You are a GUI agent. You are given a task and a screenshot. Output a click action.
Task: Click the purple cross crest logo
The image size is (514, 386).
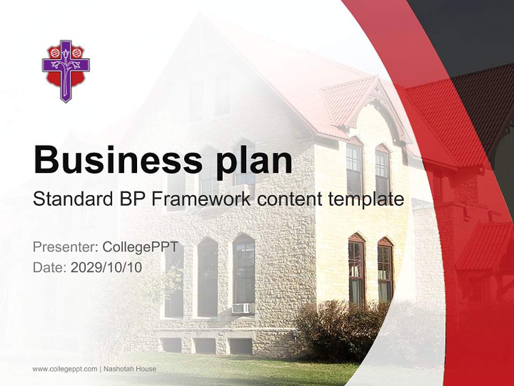pyautogui.click(x=65, y=71)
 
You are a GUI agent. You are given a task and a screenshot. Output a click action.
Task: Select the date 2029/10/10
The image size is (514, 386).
pyautogui.click(x=107, y=268)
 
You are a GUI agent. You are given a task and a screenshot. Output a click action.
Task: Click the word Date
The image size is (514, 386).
pyautogui.click(x=48, y=268)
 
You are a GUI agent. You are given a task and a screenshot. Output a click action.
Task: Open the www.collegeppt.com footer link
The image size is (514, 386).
pyautogui.click(x=65, y=369)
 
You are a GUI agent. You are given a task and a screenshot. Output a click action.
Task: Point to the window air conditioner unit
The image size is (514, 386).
pyautogui.click(x=241, y=308)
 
